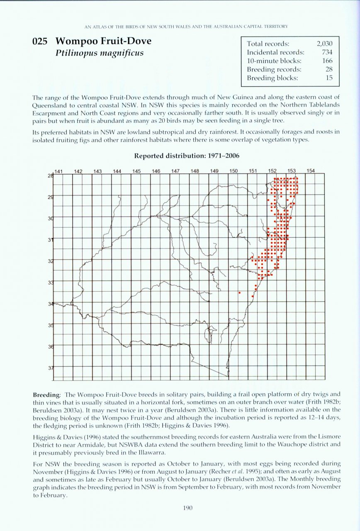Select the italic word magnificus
pyautogui.click(x=120, y=53)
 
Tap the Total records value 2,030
pyautogui.click(x=324, y=44)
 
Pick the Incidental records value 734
pyautogui.click(x=327, y=52)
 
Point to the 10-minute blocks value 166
pyautogui.click(x=327, y=61)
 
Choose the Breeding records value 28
pyautogui.click(x=329, y=69)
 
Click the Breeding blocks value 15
pyautogui.click(x=329, y=78)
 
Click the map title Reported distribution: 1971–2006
pyautogui.click(x=186, y=156)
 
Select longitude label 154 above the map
pyautogui.click(x=311, y=171)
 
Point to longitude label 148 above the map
pyautogui.click(x=195, y=171)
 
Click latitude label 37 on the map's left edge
pyautogui.click(x=51, y=368)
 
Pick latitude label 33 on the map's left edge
pyautogui.click(x=51, y=283)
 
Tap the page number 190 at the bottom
pyautogui.click(x=186, y=507)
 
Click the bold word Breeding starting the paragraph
pyautogui.click(x=46, y=394)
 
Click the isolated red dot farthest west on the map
pyautogui.click(x=239, y=292)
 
